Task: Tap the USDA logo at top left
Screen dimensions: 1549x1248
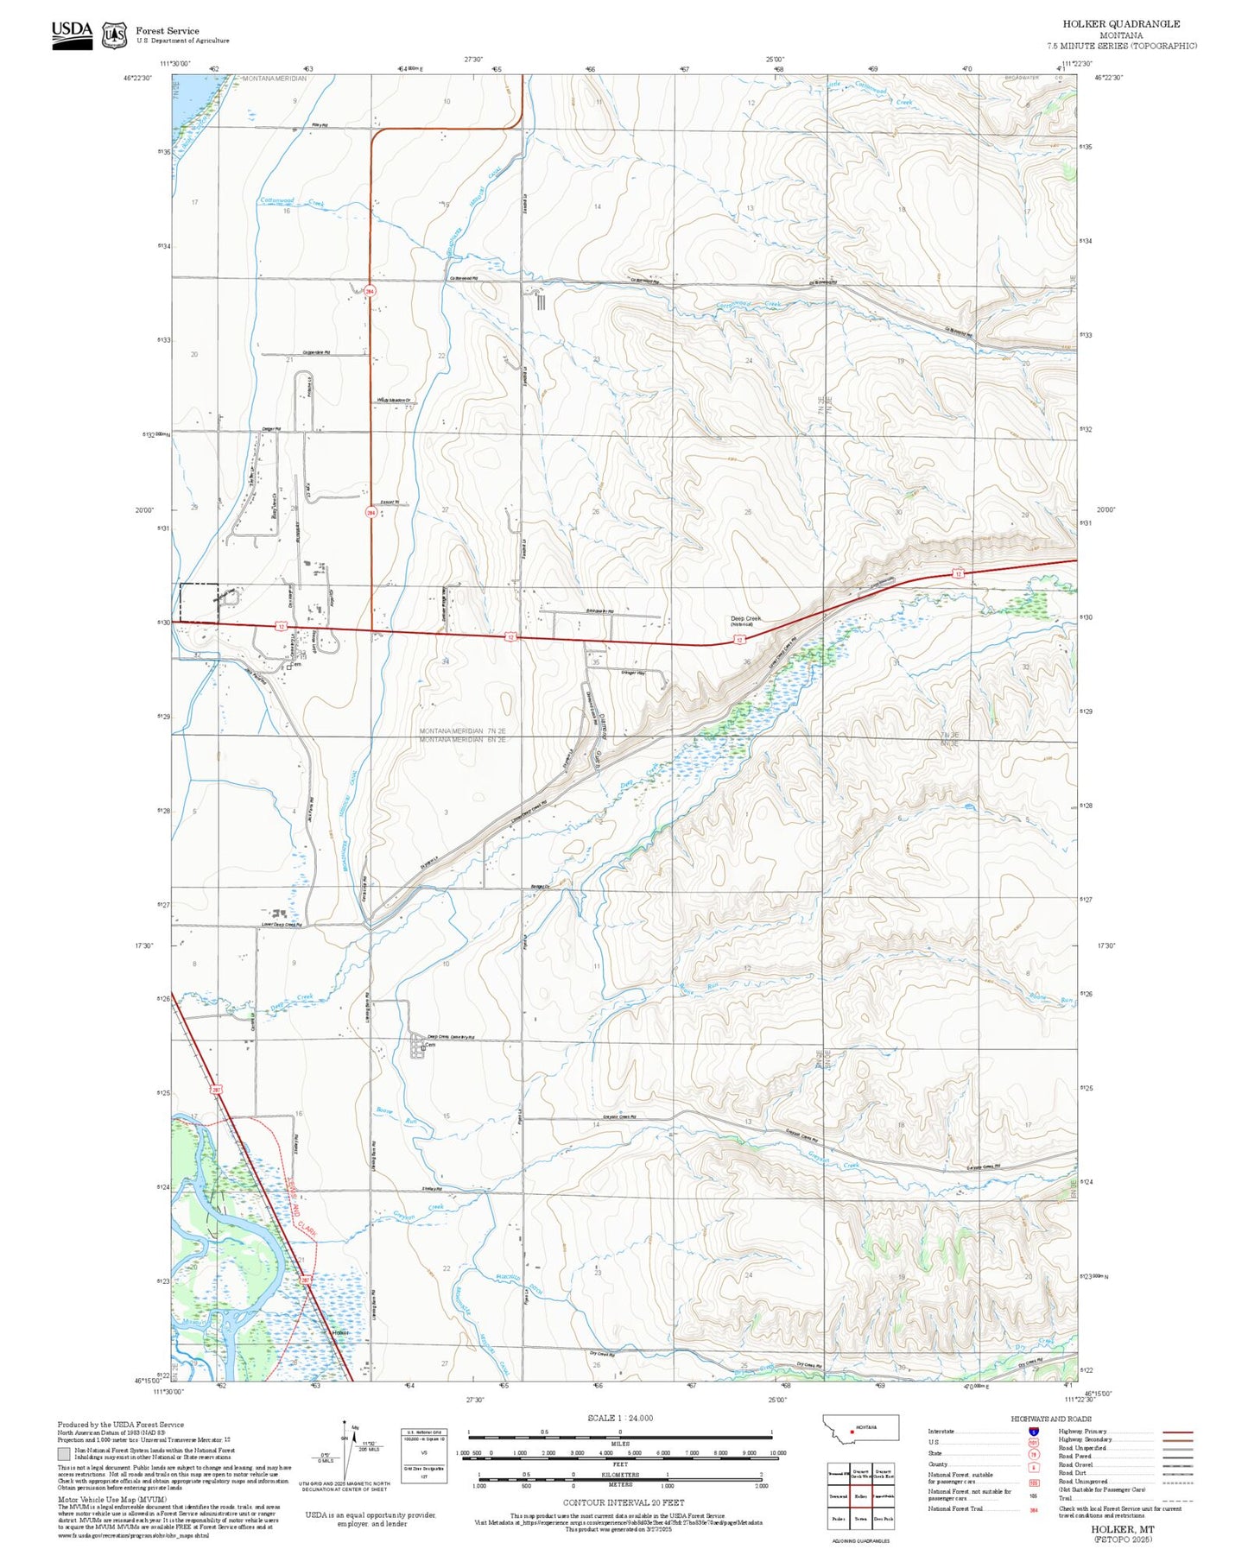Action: pyautogui.click(x=72, y=34)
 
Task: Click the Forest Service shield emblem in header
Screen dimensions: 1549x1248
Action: pyautogui.click(x=114, y=35)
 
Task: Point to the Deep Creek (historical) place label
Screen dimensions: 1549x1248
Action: pyautogui.click(x=745, y=620)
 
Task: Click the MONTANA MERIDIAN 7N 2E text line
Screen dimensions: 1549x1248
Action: pyautogui.click(x=462, y=731)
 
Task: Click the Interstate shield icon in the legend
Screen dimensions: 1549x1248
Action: pyautogui.click(x=1033, y=1431)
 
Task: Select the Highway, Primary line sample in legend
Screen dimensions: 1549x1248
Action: pyautogui.click(x=1177, y=1432)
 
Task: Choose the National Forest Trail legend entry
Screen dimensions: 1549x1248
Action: pyautogui.click(x=955, y=1508)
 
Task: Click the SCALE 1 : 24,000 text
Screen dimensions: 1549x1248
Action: pyautogui.click(x=620, y=1418)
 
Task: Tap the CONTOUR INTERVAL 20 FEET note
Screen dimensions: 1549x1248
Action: pyautogui.click(x=620, y=1503)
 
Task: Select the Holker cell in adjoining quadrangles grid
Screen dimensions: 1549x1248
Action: pyautogui.click(x=860, y=1495)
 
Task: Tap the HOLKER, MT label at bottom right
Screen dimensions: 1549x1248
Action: pyautogui.click(x=1122, y=1528)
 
